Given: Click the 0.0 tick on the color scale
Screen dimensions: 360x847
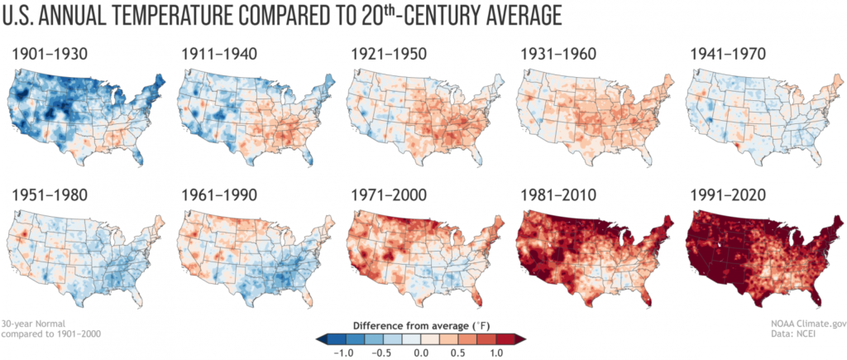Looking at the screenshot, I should click(x=423, y=351).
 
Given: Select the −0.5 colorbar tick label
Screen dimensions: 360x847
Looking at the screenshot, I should click(x=383, y=351).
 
